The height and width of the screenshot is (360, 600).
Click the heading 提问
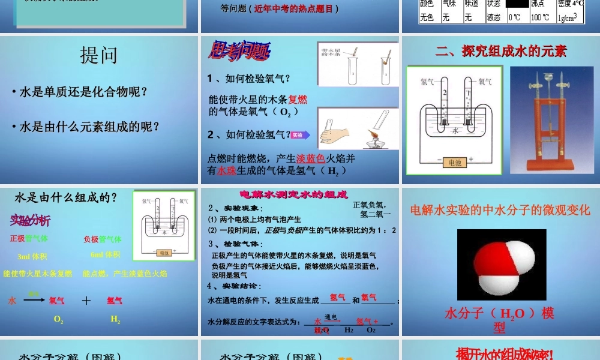pyautogui.click(x=99, y=55)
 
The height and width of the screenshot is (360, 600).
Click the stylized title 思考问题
pyautogui.click(x=238, y=53)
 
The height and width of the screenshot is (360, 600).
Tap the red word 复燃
pyautogui.click(x=298, y=100)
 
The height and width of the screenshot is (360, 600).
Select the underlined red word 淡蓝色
pyautogui.click(x=311, y=158)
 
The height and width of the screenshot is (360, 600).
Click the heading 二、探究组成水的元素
pyautogui.click(x=501, y=51)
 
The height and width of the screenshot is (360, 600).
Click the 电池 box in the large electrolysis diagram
pyautogui.click(x=453, y=161)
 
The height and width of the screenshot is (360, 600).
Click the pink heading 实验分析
pyautogui.click(x=30, y=220)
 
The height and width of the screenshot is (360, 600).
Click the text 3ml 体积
pyautogui.click(x=32, y=256)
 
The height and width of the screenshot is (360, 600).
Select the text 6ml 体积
pyautogui.click(x=105, y=254)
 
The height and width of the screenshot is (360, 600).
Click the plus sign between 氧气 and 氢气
pyautogui.click(x=86, y=301)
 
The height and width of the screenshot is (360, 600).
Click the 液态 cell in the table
pyautogui.click(x=495, y=17)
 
